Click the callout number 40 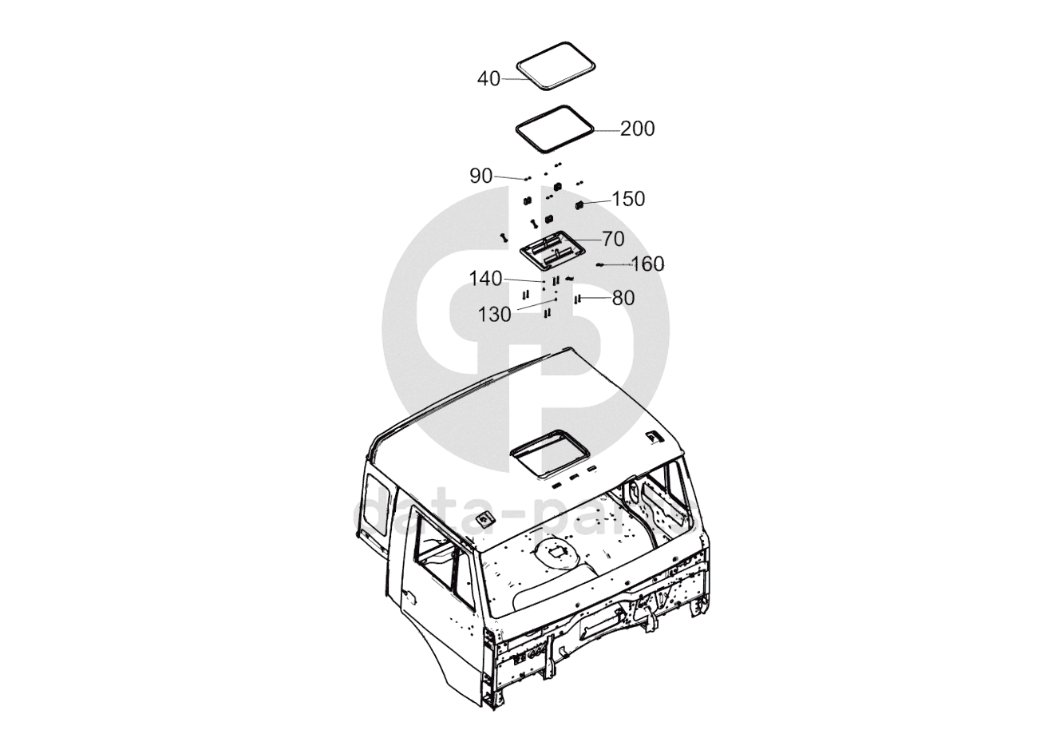pyautogui.click(x=488, y=78)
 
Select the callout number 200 pyautogui.click(x=637, y=129)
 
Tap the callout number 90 pyautogui.click(x=481, y=176)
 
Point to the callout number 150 pyautogui.click(x=628, y=199)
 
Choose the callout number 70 pyautogui.click(x=613, y=239)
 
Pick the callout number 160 pyautogui.click(x=647, y=264)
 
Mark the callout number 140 pyautogui.click(x=486, y=279)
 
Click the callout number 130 pyautogui.click(x=494, y=315)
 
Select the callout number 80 pyautogui.click(x=623, y=299)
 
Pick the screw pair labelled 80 pyautogui.click(x=575, y=299)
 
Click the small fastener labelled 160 pyautogui.click(x=599, y=264)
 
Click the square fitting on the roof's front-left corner pyautogui.click(x=484, y=520)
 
